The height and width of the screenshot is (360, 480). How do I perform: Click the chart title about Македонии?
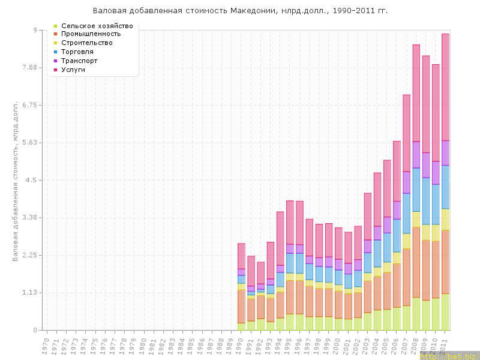240,11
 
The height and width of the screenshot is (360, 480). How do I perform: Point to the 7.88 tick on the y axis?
28,68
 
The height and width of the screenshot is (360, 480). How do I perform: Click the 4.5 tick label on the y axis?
30,180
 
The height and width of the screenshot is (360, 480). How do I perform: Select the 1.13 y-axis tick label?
28,293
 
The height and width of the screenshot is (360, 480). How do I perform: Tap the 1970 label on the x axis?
46,345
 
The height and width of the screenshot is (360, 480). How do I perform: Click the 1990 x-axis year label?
241,345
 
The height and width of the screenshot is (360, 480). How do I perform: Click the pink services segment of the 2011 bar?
445,87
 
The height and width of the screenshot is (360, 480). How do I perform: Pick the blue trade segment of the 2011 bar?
445,187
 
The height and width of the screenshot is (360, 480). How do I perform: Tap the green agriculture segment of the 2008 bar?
416,314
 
